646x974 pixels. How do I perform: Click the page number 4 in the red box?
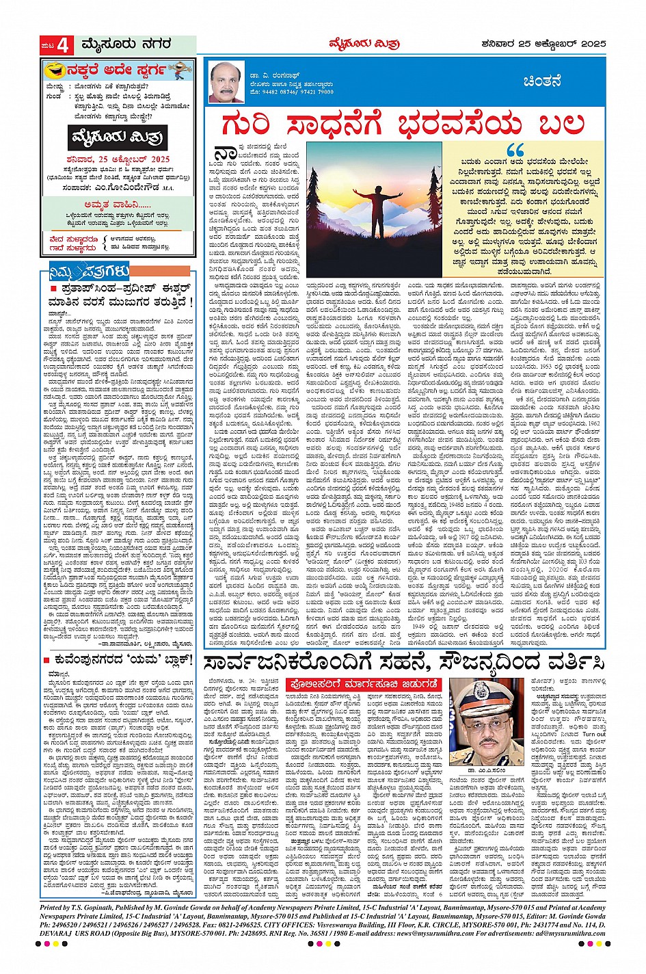coord(64,46)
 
